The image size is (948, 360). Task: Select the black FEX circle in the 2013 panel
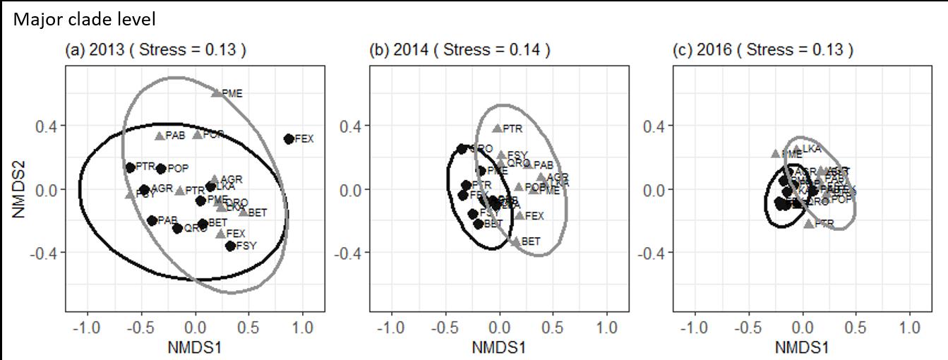[x=289, y=139]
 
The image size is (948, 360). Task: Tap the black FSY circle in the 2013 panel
[x=230, y=246]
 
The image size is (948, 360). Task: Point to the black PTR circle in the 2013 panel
[x=130, y=167]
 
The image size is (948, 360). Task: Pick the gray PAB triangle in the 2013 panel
[x=160, y=136]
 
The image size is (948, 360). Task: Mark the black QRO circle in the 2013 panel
[x=177, y=228]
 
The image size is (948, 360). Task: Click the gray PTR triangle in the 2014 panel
[x=497, y=128]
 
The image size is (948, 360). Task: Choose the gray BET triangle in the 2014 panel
[x=516, y=241]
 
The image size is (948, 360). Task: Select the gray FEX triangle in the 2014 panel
[x=520, y=215]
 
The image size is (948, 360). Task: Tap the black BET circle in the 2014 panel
[x=479, y=224]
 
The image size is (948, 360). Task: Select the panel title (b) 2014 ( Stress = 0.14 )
[x=460, y=50]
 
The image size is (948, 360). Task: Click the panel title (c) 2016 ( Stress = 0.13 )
[x=764, y=50]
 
